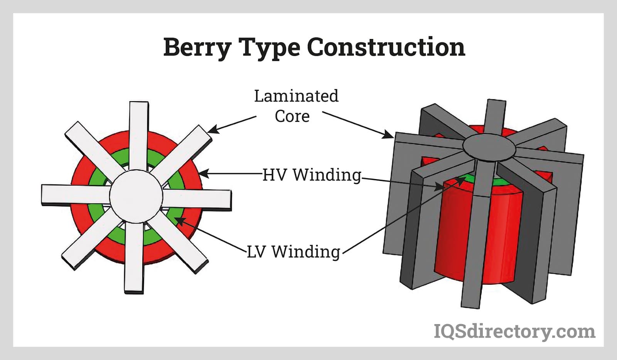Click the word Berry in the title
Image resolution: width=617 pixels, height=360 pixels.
[197, 47]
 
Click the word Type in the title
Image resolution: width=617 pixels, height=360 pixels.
[270, 48]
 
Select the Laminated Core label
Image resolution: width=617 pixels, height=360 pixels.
[296, 106]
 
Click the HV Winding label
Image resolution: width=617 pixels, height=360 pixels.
[312, 175]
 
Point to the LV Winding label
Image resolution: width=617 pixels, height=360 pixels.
[293, 252]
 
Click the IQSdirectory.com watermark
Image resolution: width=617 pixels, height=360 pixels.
[514, 331]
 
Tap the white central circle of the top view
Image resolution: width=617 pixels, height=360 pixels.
[136, 196]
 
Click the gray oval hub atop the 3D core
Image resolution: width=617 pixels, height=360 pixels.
[489, 147]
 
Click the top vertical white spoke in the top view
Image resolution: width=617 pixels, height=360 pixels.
[139, 136]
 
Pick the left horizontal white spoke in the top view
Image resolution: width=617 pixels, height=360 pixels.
[76, 194]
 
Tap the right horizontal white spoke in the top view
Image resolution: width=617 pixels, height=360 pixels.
[197, 199]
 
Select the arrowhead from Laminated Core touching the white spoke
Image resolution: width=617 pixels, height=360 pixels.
[212, 129]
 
